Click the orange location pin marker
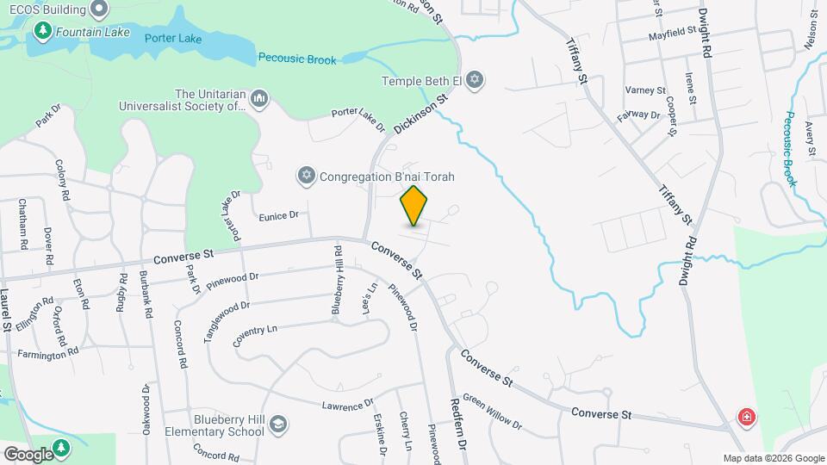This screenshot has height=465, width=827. point(414,206)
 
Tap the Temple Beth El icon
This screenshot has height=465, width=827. point(473,81)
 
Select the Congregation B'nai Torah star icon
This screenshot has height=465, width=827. point(305,177)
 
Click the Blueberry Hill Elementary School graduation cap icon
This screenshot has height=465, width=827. point(278,424)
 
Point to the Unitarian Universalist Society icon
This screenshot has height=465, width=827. point(258,102)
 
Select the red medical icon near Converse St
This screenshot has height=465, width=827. point(746,418)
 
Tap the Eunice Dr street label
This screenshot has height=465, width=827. point(278,216)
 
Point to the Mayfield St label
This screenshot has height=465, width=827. point(672,34)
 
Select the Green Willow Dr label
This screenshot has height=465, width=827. point(492,411)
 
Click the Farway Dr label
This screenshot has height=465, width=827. point(638,114)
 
